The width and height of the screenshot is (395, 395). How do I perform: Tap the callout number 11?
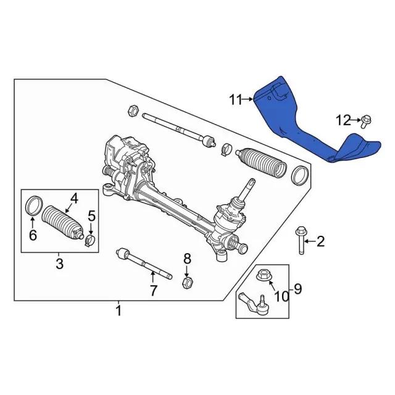click(x=235, y=100)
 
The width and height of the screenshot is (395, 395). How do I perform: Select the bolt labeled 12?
click(x=365, y=122)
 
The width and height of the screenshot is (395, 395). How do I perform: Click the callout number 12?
click(x=343, y=120)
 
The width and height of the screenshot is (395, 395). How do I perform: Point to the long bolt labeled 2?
click(x=302, y=240)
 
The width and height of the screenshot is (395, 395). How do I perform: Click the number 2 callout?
click(x=320, y=241)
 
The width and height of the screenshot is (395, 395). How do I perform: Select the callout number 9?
click(x=297, y=289)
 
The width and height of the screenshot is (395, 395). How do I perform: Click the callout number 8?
click(x=187, y=259)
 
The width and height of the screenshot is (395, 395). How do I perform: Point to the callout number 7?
click(x=154, y=291)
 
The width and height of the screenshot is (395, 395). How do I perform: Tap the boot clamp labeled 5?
click(x=89, y=240)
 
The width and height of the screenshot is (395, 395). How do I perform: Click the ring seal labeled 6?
click(x=33, y=206)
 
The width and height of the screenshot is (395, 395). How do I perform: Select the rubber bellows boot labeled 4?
click(x=62, y=223)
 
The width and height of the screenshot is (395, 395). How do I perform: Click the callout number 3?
click(x=59, y=264)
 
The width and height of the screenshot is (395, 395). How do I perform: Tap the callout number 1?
click(x=118, y=310)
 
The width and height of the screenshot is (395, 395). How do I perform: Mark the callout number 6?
click(x=33, y=235)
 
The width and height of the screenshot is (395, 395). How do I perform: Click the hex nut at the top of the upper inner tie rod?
click(x=133, y=110)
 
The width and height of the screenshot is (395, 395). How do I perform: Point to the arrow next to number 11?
click(x=247, y=99)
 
